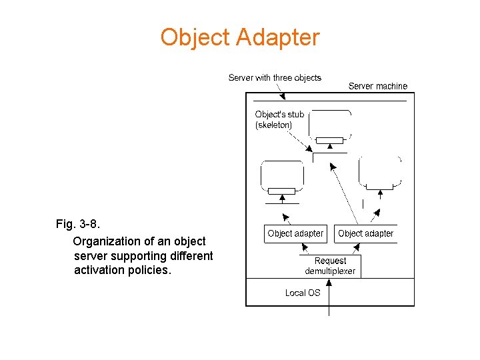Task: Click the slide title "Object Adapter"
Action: pyautogui.click(x=239, y=37)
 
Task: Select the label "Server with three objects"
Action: pyautogui.click(x=275, y=78)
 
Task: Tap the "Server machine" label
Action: pyautogui.click(x=377, y=86)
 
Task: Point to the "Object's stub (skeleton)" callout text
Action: pyautogui.click(x=279, y=119)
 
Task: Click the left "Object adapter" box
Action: pyautogui.click(x=295, y=233)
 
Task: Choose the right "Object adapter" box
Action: pyautogui.click(x=365, y=233)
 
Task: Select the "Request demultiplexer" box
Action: pyautogui.click(x=330, y=266)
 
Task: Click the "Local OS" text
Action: pyautogui.click(x=303, y=293)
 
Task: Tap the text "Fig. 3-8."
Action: pyautogui.click(x=79, y=224)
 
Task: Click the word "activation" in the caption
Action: pyautogui.click(x=99, y=270)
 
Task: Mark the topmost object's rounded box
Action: pyautogui.click(x=330, y=123)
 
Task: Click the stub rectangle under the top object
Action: pyautogui.click(x=329, y=141)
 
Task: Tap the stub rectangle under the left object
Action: pyautogui.click(x=281, y=191)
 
